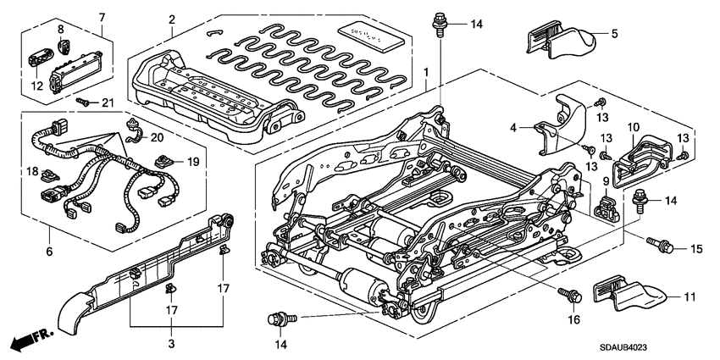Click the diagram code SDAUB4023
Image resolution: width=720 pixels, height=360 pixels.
(x=659, y=346)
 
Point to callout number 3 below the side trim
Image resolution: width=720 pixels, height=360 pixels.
(x=172, y=344)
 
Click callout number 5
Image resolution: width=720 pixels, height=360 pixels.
(x=615, y=34)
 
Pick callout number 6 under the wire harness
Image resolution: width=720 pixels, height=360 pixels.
(x=49, y=252)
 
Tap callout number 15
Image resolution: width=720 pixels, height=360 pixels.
(x=697, y=248)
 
